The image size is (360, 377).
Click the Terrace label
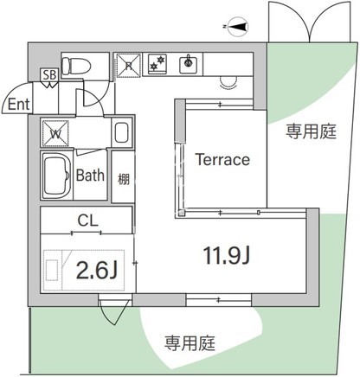pos(222,159)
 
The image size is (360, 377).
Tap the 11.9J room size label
pos(227,256)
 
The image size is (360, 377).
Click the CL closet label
pos(87,220)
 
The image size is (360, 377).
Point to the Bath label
pos(90,176)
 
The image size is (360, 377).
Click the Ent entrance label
pos(18,104)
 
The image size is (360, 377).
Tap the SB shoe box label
pos(49,75)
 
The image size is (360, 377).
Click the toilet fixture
pos(76,66)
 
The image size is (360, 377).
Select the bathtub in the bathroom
pos(57,176)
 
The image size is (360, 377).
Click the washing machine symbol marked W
pos(55,133)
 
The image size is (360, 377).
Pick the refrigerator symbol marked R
pos(128,66)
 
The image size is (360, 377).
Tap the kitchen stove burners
pos(157,63)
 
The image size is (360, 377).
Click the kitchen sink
pos(189,64)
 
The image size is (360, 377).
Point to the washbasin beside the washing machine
pos(121,132)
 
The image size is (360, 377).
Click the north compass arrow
pos(238,27)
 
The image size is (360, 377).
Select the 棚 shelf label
pos(123,180)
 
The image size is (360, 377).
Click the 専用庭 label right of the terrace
pos(311,131)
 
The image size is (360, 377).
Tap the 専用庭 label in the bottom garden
pos(190,343)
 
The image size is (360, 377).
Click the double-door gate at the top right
pos(309,22)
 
